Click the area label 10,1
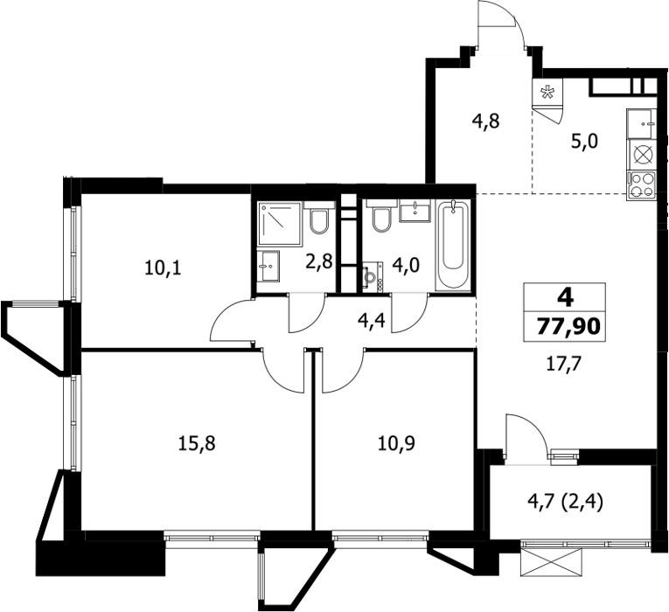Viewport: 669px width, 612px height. click(163, 268)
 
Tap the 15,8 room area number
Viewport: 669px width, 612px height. click(197, 443)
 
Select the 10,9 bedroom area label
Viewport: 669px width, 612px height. click(396, 443)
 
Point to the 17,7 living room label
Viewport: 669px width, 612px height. click(564, 365)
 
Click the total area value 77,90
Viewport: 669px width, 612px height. click(568, 327)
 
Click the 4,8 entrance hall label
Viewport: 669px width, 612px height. click(485, 122)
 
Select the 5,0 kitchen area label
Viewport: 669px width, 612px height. click(585, 141)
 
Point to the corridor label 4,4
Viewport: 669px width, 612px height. click(372, 320)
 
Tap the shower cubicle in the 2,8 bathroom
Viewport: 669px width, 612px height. click(280, 225)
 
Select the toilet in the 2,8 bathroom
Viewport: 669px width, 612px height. click(319, 218)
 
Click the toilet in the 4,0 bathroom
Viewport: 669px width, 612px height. click(381, 217)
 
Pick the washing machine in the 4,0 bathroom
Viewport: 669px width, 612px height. click(373, 277)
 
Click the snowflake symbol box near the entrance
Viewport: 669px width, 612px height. click(547, 93)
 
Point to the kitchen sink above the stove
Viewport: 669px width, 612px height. click(640, 123)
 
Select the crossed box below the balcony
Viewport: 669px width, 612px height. click(551, 563)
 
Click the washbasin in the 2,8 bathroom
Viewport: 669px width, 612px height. click(268, 266)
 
